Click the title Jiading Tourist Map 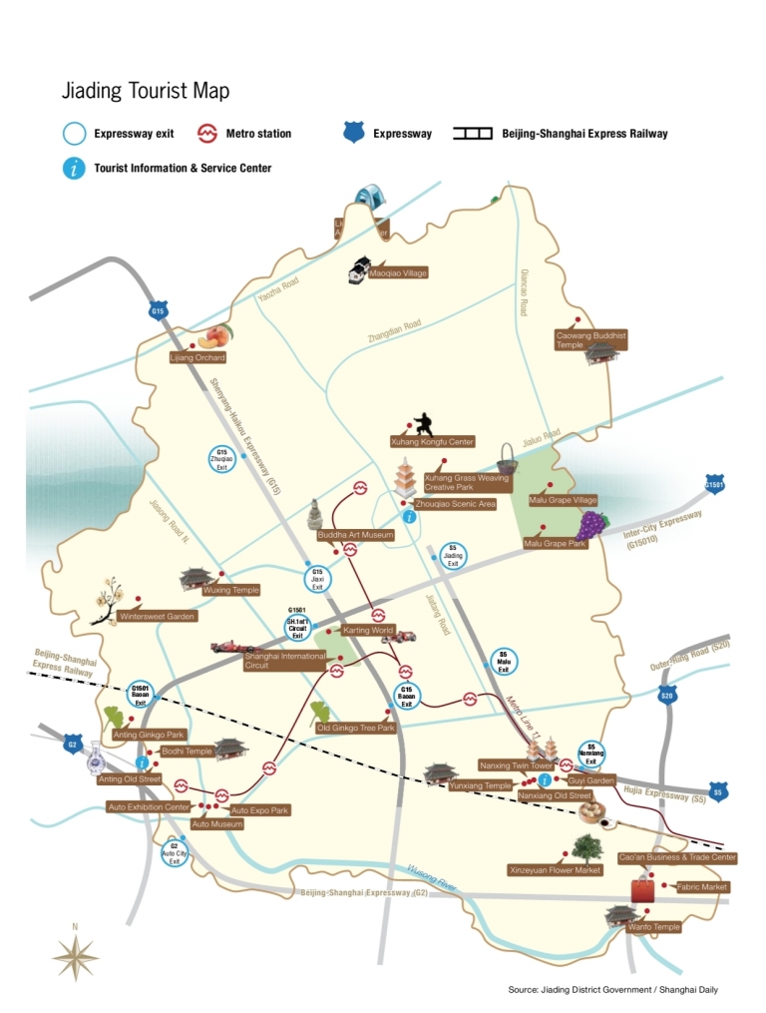coord(146,91)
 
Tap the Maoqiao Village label coord(398,272)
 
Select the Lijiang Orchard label coord(197,357)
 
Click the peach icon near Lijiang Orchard coord(218,335)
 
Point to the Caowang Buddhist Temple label coord(590,340)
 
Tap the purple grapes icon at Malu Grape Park coord(592,525)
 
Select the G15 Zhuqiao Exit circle coord(222,459)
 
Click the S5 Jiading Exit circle coord(452,556)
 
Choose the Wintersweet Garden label coord(157,617)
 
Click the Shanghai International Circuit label coord(285,661)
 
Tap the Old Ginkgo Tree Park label coord(356,728)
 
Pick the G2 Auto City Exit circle coord(175,853)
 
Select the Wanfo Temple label coord(653,926)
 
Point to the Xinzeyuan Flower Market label coord(556,869)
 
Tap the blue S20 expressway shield coord(667,696)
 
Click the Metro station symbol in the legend coord(209,133)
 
